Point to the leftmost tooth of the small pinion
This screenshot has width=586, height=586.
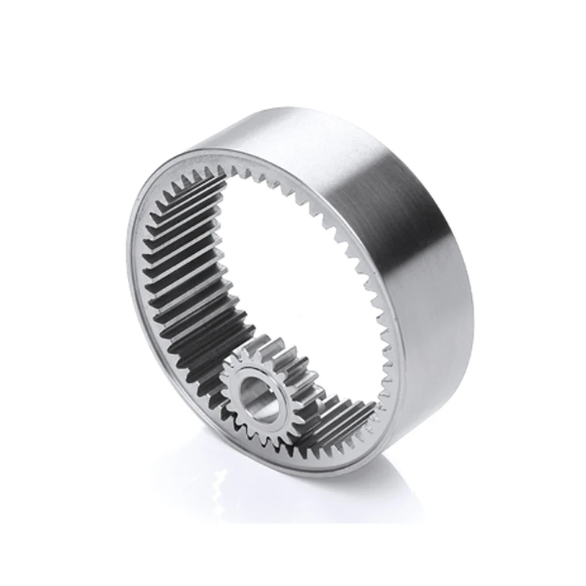223,383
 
